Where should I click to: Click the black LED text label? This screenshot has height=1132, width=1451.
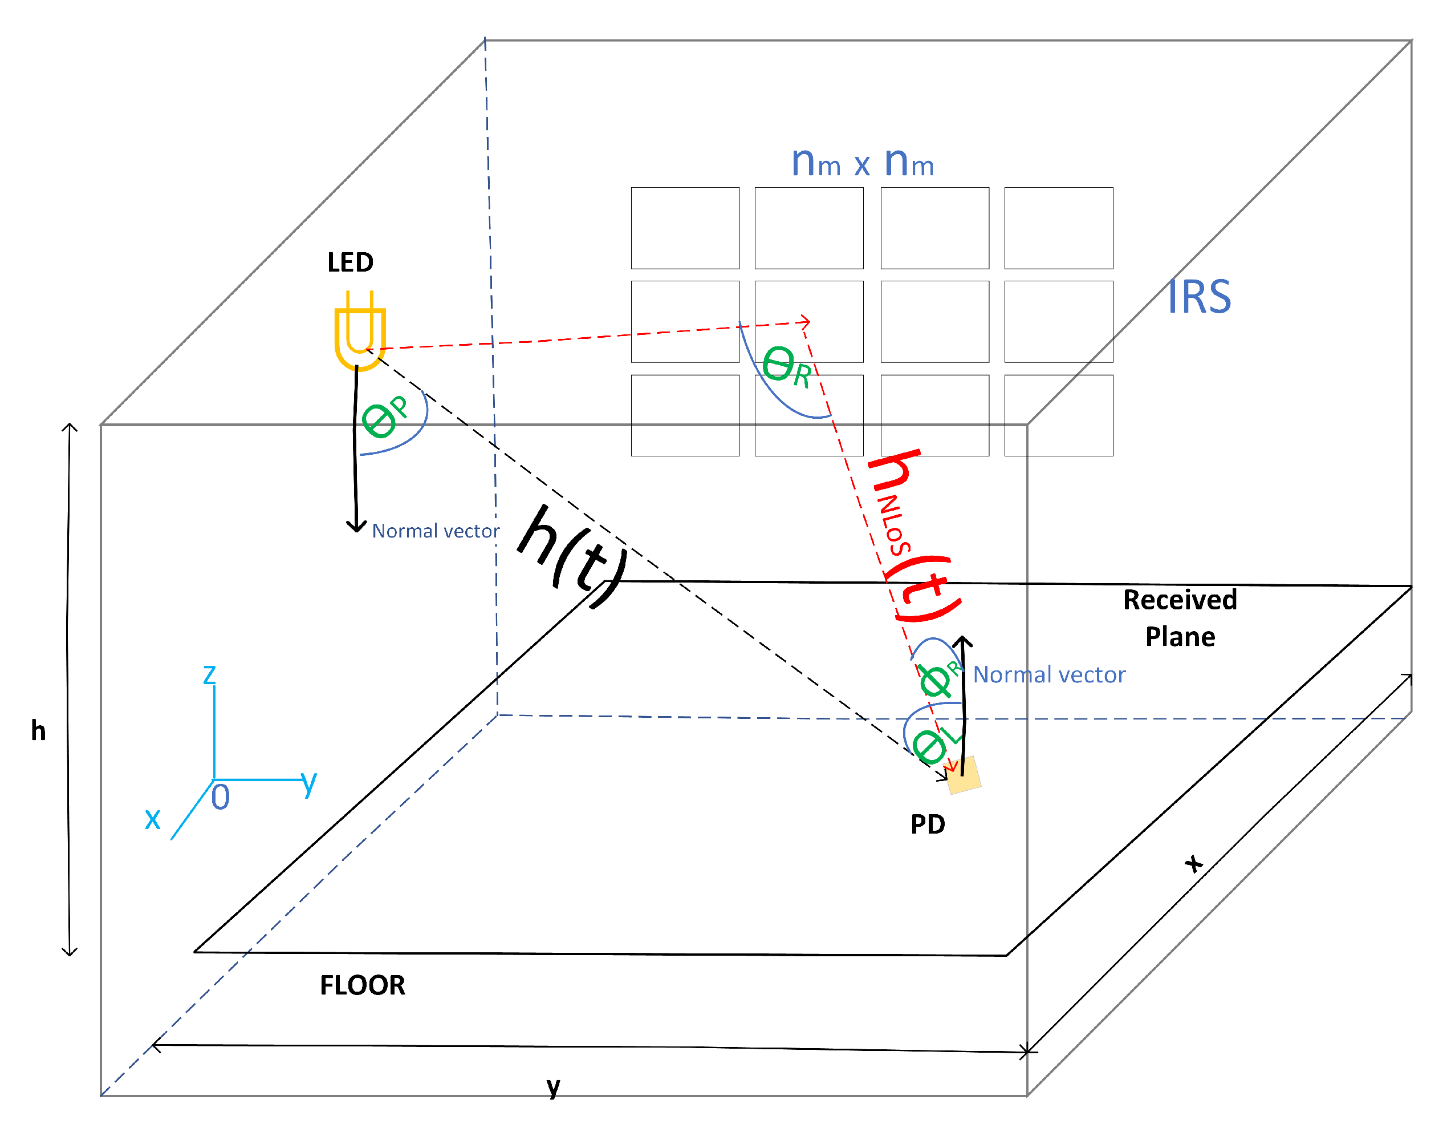pyautogui.click(x=350, y=262)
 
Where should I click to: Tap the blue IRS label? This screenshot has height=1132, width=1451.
pyautogui.click(x=1198, y=297)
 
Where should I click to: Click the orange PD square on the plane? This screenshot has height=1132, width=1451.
pyautogui.click(x=964, y=775)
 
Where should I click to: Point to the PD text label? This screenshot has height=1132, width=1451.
pyautogui.click(x=928, y=824)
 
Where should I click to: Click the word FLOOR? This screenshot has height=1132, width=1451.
pyautogui.click(x=362, y=985)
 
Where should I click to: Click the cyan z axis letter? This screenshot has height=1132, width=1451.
pyautogui.click(x=209, y=674)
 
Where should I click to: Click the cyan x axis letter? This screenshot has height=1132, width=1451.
pyautogui.click(x=153, y=818)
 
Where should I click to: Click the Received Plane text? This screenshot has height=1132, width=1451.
pyautogui.click(x=1180, y=618)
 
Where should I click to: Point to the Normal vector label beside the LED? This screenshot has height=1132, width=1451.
pyautogui.click(x=435, y=531)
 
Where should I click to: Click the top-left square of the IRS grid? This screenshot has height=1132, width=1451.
pyautogui.click(x=685, y=228)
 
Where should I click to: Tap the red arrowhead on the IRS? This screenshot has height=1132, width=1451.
pyautogui.click(x=805, y=322)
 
